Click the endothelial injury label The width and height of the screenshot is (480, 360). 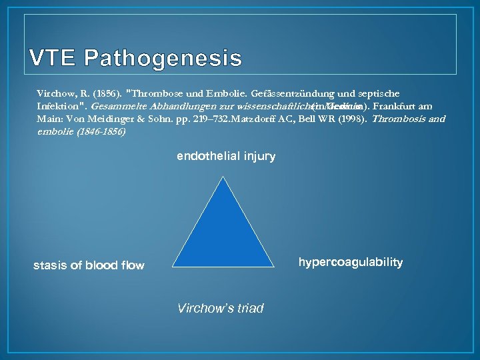click(x=225, y=156)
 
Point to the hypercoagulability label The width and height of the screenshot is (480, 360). click(x=350, y=262)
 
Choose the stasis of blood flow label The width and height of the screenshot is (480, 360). click(x=89, y=265)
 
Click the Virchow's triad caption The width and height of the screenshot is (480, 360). click(x=220, y=308)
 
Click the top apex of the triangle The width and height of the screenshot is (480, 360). click(x=223, y=178)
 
